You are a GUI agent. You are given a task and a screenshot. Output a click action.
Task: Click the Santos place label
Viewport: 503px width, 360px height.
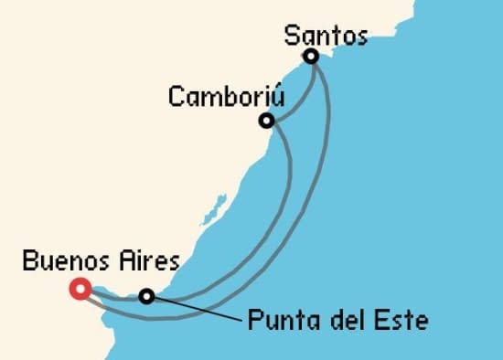326,37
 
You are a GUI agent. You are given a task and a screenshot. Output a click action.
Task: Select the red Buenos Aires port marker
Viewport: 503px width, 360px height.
79,290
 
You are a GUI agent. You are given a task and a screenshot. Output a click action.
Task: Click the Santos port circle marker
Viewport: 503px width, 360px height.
312,57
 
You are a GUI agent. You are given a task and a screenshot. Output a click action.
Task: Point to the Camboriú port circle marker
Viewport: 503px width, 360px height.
266,121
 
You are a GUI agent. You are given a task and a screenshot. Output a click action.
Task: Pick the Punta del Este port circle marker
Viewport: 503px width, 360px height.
146,295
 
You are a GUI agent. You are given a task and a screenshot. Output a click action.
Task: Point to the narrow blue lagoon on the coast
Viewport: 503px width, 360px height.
211,215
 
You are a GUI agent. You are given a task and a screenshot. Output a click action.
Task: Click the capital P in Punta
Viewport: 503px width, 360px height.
253,322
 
